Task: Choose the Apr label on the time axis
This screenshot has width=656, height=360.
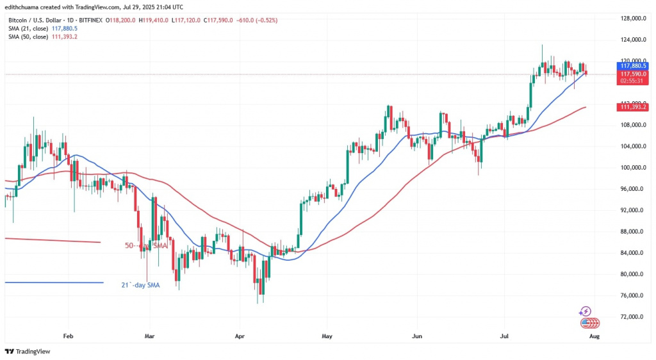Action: click(x=240, y=335)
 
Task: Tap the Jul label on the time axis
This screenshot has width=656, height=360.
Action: click(x=504, y=335)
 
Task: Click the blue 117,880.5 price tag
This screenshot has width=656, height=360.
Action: click(x=632, y=65)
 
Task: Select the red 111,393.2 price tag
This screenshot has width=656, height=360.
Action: click(x=632, y=106)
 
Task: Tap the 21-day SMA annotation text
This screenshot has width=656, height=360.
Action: click(x=140, y=285)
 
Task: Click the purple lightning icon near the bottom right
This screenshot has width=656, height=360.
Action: click(x=584, y=311)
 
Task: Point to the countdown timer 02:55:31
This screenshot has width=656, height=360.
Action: click(x=632, y=81)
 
